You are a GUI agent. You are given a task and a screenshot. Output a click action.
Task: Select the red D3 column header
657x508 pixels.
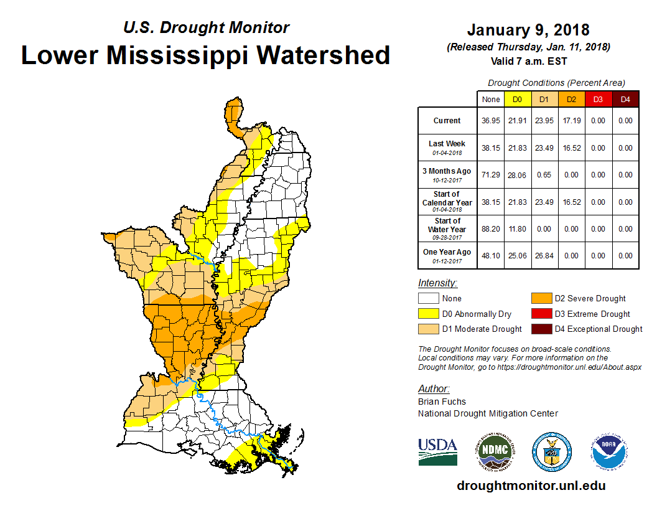pyautogui.click(x=597, y=100)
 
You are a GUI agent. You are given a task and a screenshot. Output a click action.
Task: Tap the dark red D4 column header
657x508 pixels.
pyautogui.click(x=625, y=100)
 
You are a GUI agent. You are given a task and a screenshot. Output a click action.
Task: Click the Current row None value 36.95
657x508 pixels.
pyautogui.click(x=490, y=121)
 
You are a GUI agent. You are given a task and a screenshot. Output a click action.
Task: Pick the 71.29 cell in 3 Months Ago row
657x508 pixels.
pyautogui.click(x=490, y=175)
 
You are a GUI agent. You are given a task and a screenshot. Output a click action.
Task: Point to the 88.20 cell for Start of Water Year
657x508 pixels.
pyautogui.click(x=490, y=229)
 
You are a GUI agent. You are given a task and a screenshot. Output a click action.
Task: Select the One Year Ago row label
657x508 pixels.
pyautogui.click(x=447, y=252)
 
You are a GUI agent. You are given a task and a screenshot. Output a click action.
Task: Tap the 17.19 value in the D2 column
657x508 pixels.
pyautogui.click(x=571, y=121)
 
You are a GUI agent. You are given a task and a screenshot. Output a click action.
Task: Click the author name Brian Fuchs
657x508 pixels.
pyautogui.click(x=442, y=402)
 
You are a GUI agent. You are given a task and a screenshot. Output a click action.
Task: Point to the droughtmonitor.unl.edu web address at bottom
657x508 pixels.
pyautogui.click(x=531, y=486)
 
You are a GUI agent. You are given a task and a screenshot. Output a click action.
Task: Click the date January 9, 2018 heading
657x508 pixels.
pyautogui.click(x=528, y=30)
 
